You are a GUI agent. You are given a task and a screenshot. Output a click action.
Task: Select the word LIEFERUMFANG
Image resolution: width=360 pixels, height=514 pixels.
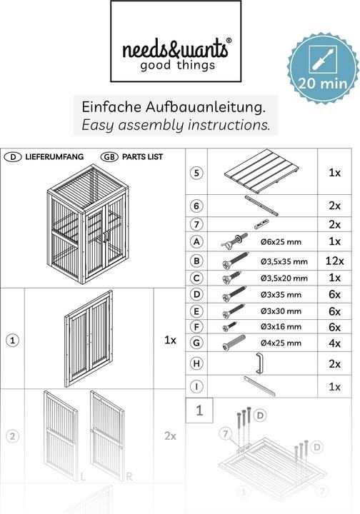pyautogui.click(x=55, y=156)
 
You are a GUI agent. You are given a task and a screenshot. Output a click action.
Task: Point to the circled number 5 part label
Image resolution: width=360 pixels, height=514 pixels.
pyautogui.click(x=196, y=173)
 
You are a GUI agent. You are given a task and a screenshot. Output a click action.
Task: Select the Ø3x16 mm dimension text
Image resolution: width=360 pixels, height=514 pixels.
pyautogui.click(x=281, y=327)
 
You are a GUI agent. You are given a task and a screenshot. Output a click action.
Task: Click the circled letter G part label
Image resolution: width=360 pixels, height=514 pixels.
pyautogui.click(x=196, y=343)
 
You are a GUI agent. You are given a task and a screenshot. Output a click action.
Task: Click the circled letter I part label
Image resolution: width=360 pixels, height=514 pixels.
pyautogui.click(x=196, y=386)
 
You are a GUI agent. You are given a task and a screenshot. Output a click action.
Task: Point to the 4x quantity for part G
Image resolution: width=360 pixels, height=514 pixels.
pyautogui.click(x=334, y=343)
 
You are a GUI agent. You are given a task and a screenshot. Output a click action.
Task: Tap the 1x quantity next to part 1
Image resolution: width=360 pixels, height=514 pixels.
pyautogui.click(x=170, y=340)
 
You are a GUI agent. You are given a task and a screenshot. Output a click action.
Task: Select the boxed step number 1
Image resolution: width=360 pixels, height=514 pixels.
pyautogui.click(x=199, y=410)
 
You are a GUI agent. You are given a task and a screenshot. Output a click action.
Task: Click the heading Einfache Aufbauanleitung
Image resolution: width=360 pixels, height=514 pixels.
pyautogui.click(x=174, y=107)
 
